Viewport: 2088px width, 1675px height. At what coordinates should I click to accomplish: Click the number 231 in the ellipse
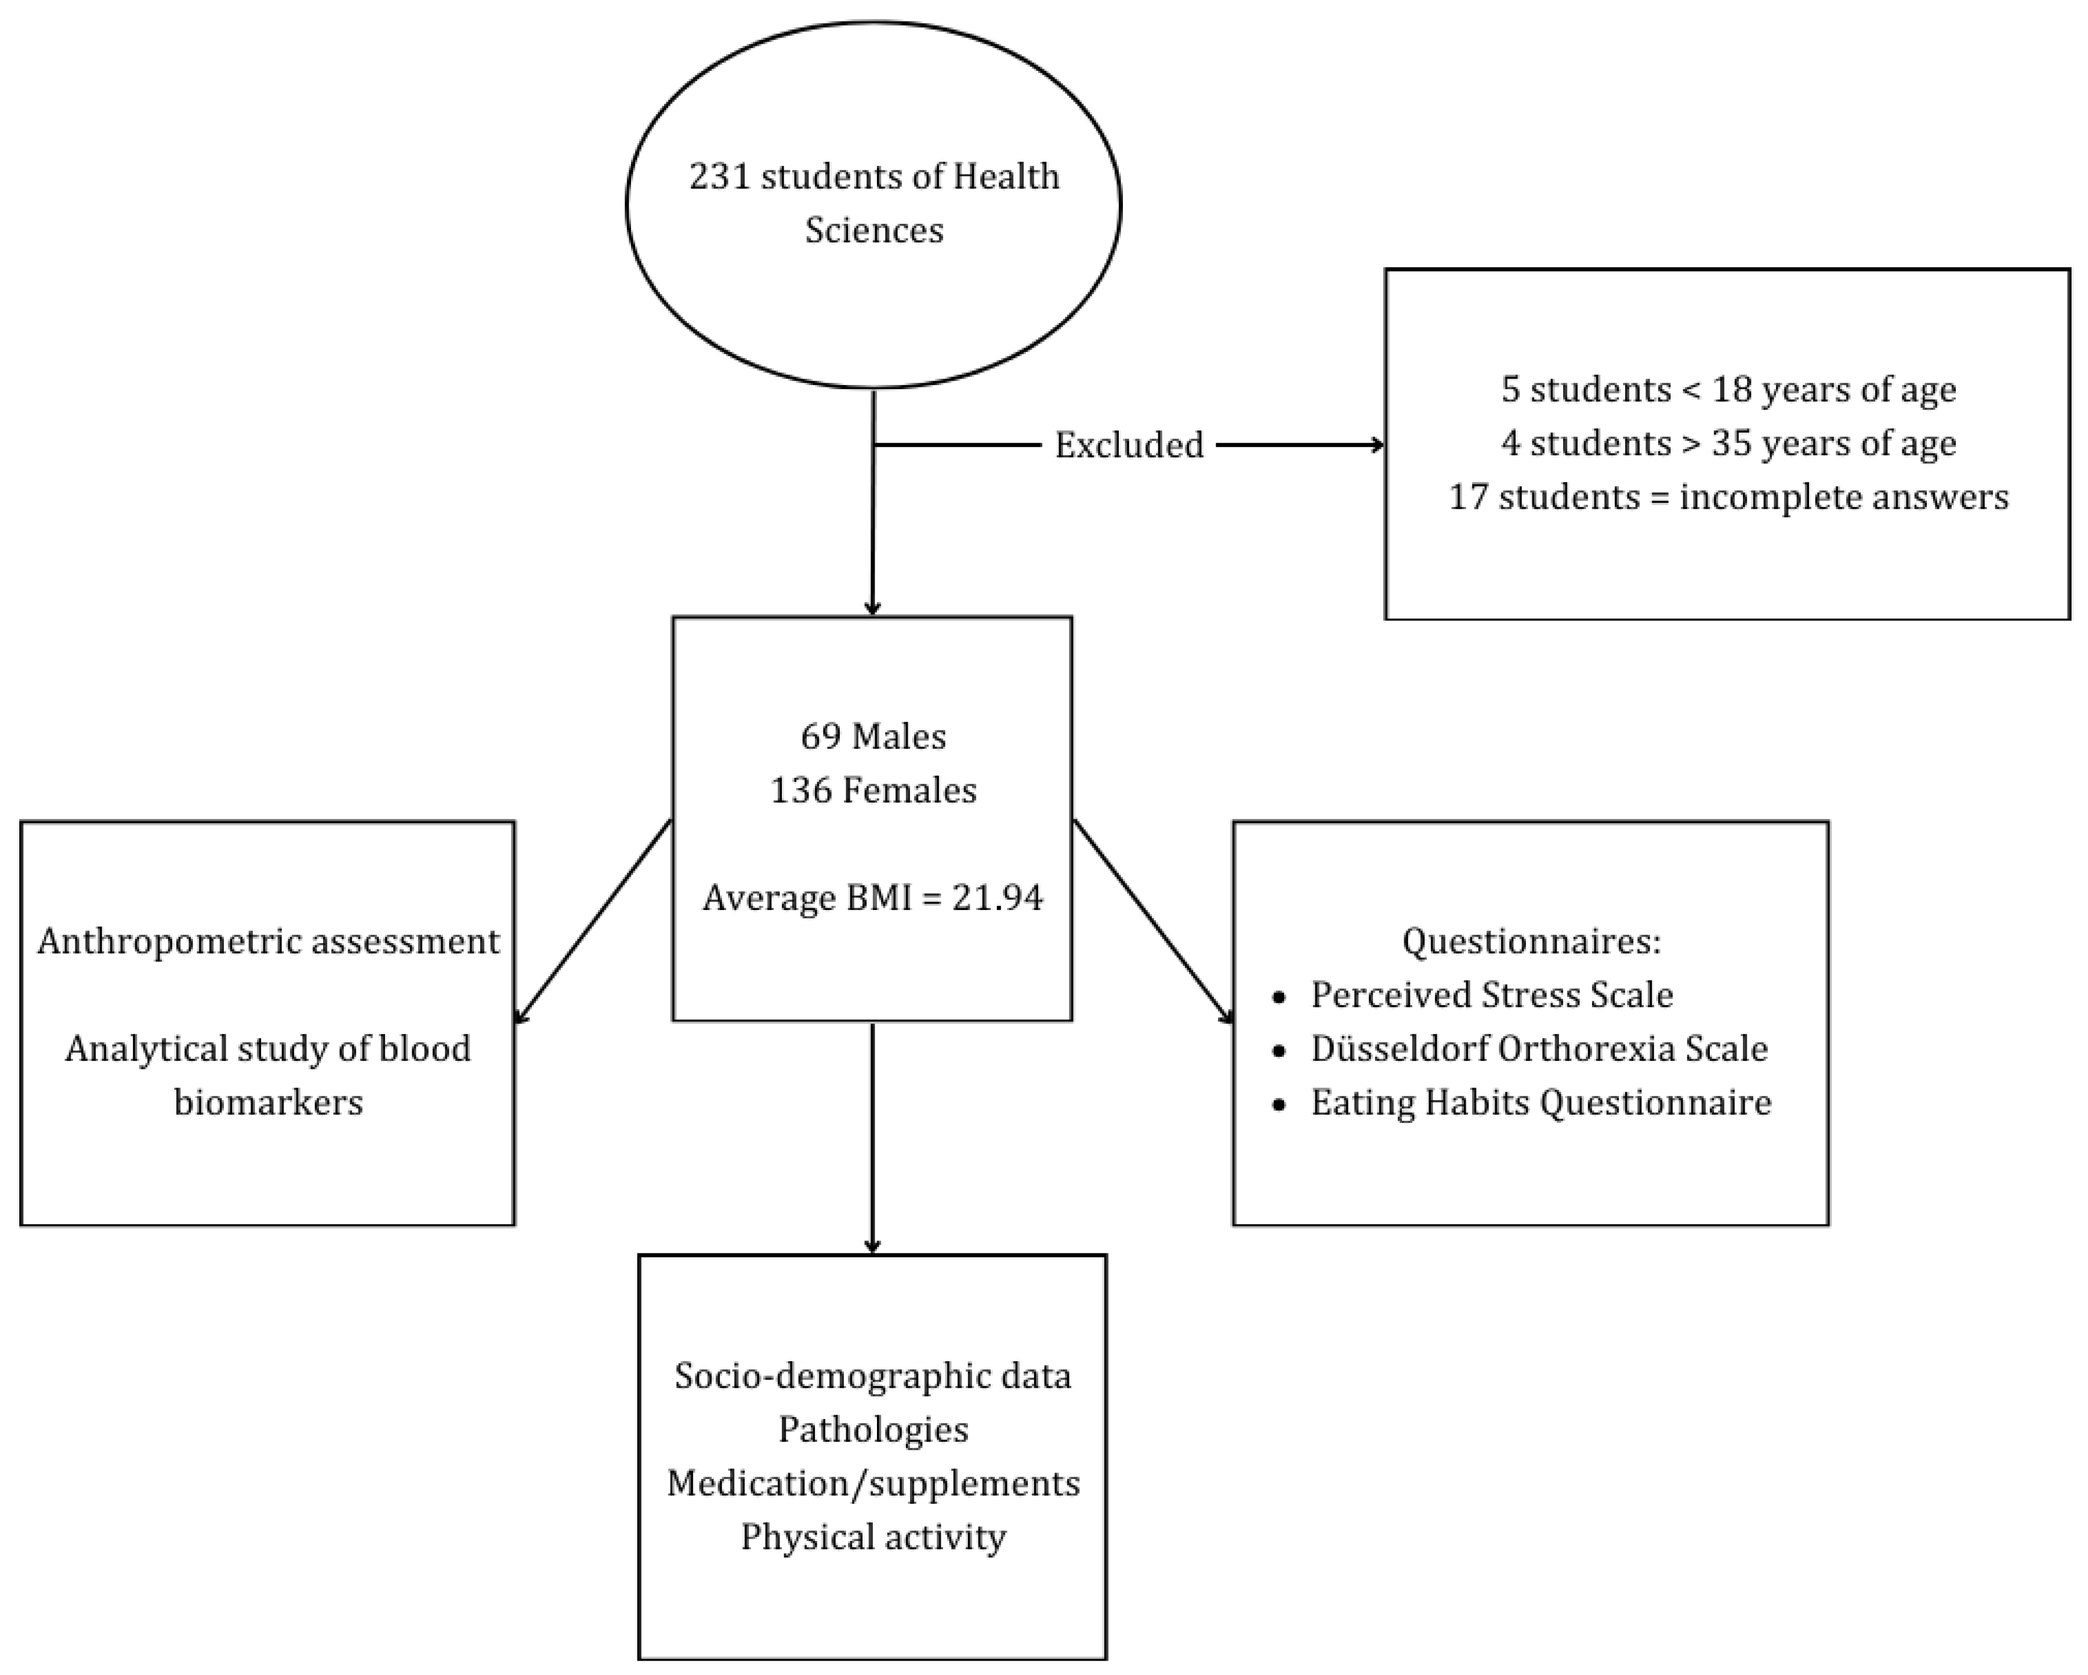pyautogui.click(x=720, y=177)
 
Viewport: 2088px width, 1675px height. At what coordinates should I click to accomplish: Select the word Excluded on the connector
pyautogui.click(x=1128, y=445)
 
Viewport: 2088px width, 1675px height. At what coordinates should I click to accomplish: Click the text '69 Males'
pyautogui.click(x=872, y=737)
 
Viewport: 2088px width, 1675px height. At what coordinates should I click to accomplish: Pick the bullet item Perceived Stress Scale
pyautogui.click(x=1491, y=995)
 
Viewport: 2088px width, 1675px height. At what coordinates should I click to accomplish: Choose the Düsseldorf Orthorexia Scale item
pyautogui.click(x=1539, y=1049)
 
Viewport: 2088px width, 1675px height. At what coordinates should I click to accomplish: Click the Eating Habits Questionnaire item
pyautogui.click(x=1541, y=1103)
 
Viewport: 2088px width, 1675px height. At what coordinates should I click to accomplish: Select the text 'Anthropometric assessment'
pyautogui.click(x=269, y=941)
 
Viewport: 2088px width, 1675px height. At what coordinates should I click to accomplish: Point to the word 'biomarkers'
pyautogui.click(x=269, y=1103)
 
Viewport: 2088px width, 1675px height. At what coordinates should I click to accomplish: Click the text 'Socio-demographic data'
pyautogui.click(x=872, y=1376)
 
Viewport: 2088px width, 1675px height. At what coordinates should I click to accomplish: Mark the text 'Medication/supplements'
pyautogui.click(x=872, y=1483)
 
